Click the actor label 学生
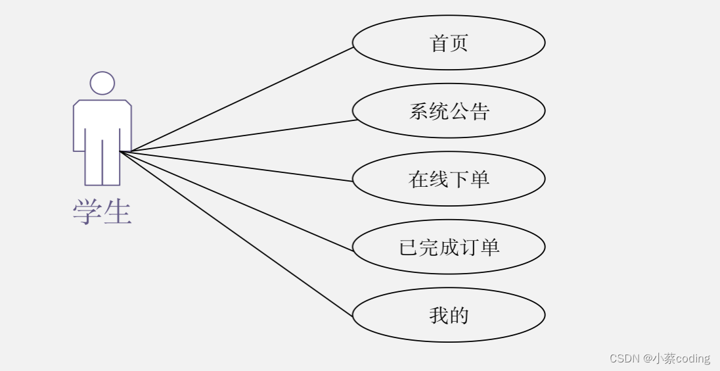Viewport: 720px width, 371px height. pos(102,212)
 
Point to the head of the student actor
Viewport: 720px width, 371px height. pos(102,83)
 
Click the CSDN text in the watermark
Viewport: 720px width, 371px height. pos(624,359)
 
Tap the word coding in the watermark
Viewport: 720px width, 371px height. pos(693,359)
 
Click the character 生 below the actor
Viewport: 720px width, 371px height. pos(118,212)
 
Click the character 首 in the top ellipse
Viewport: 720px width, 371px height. pos(439,43)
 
